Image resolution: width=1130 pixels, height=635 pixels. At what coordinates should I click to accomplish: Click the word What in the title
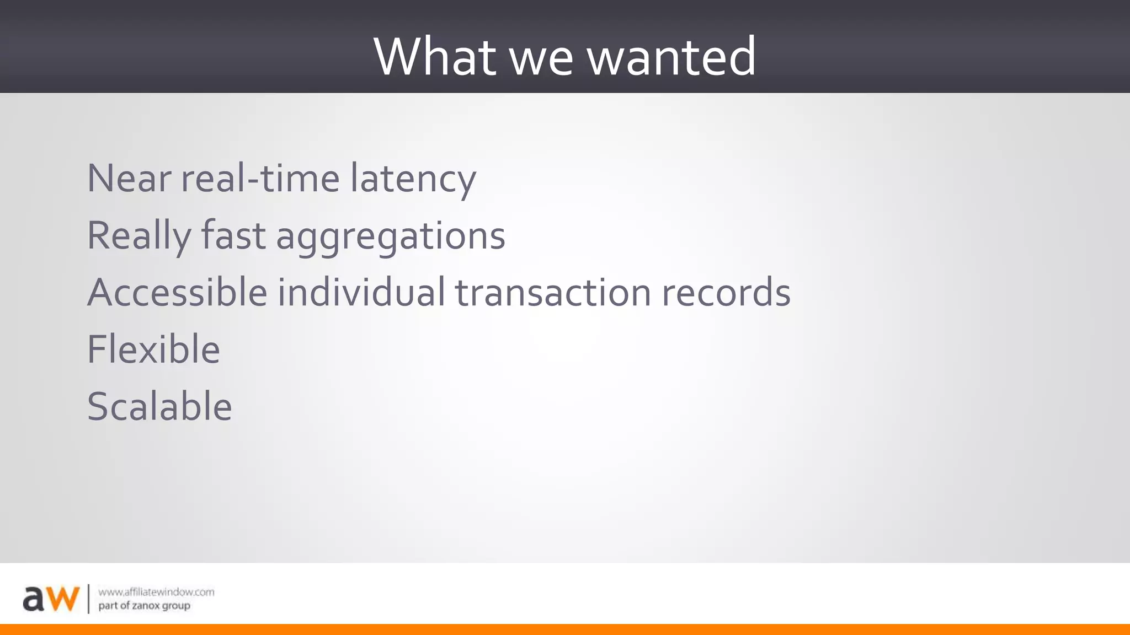(434, 56)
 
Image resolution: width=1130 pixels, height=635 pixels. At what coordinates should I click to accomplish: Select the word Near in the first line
(129, 179)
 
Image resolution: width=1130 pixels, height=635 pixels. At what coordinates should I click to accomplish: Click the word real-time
(260, 179)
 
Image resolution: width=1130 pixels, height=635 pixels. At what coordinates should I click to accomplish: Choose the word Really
(138, 236)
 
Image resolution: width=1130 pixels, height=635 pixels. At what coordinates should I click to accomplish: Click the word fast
(233, 235)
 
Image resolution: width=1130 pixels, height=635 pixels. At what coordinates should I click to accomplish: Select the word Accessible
(177, 292)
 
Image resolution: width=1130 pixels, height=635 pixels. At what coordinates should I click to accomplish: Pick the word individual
(361, 292)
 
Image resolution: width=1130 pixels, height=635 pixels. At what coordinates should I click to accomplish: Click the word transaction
(553, 292)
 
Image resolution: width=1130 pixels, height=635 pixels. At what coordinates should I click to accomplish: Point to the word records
(726, 292)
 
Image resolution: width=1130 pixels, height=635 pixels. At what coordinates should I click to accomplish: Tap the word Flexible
(153, 349)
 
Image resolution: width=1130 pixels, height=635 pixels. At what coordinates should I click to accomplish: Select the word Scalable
(159, 407)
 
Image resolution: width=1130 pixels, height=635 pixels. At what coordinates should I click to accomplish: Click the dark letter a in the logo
(33, 599)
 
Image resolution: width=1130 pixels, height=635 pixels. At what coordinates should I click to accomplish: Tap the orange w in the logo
(62, 599)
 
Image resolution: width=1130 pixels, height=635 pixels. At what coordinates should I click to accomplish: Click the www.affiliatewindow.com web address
(156, 592)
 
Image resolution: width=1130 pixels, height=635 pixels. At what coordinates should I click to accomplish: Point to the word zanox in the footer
(146, 606)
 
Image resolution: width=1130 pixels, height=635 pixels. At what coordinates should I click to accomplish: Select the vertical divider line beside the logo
(88, 599)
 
